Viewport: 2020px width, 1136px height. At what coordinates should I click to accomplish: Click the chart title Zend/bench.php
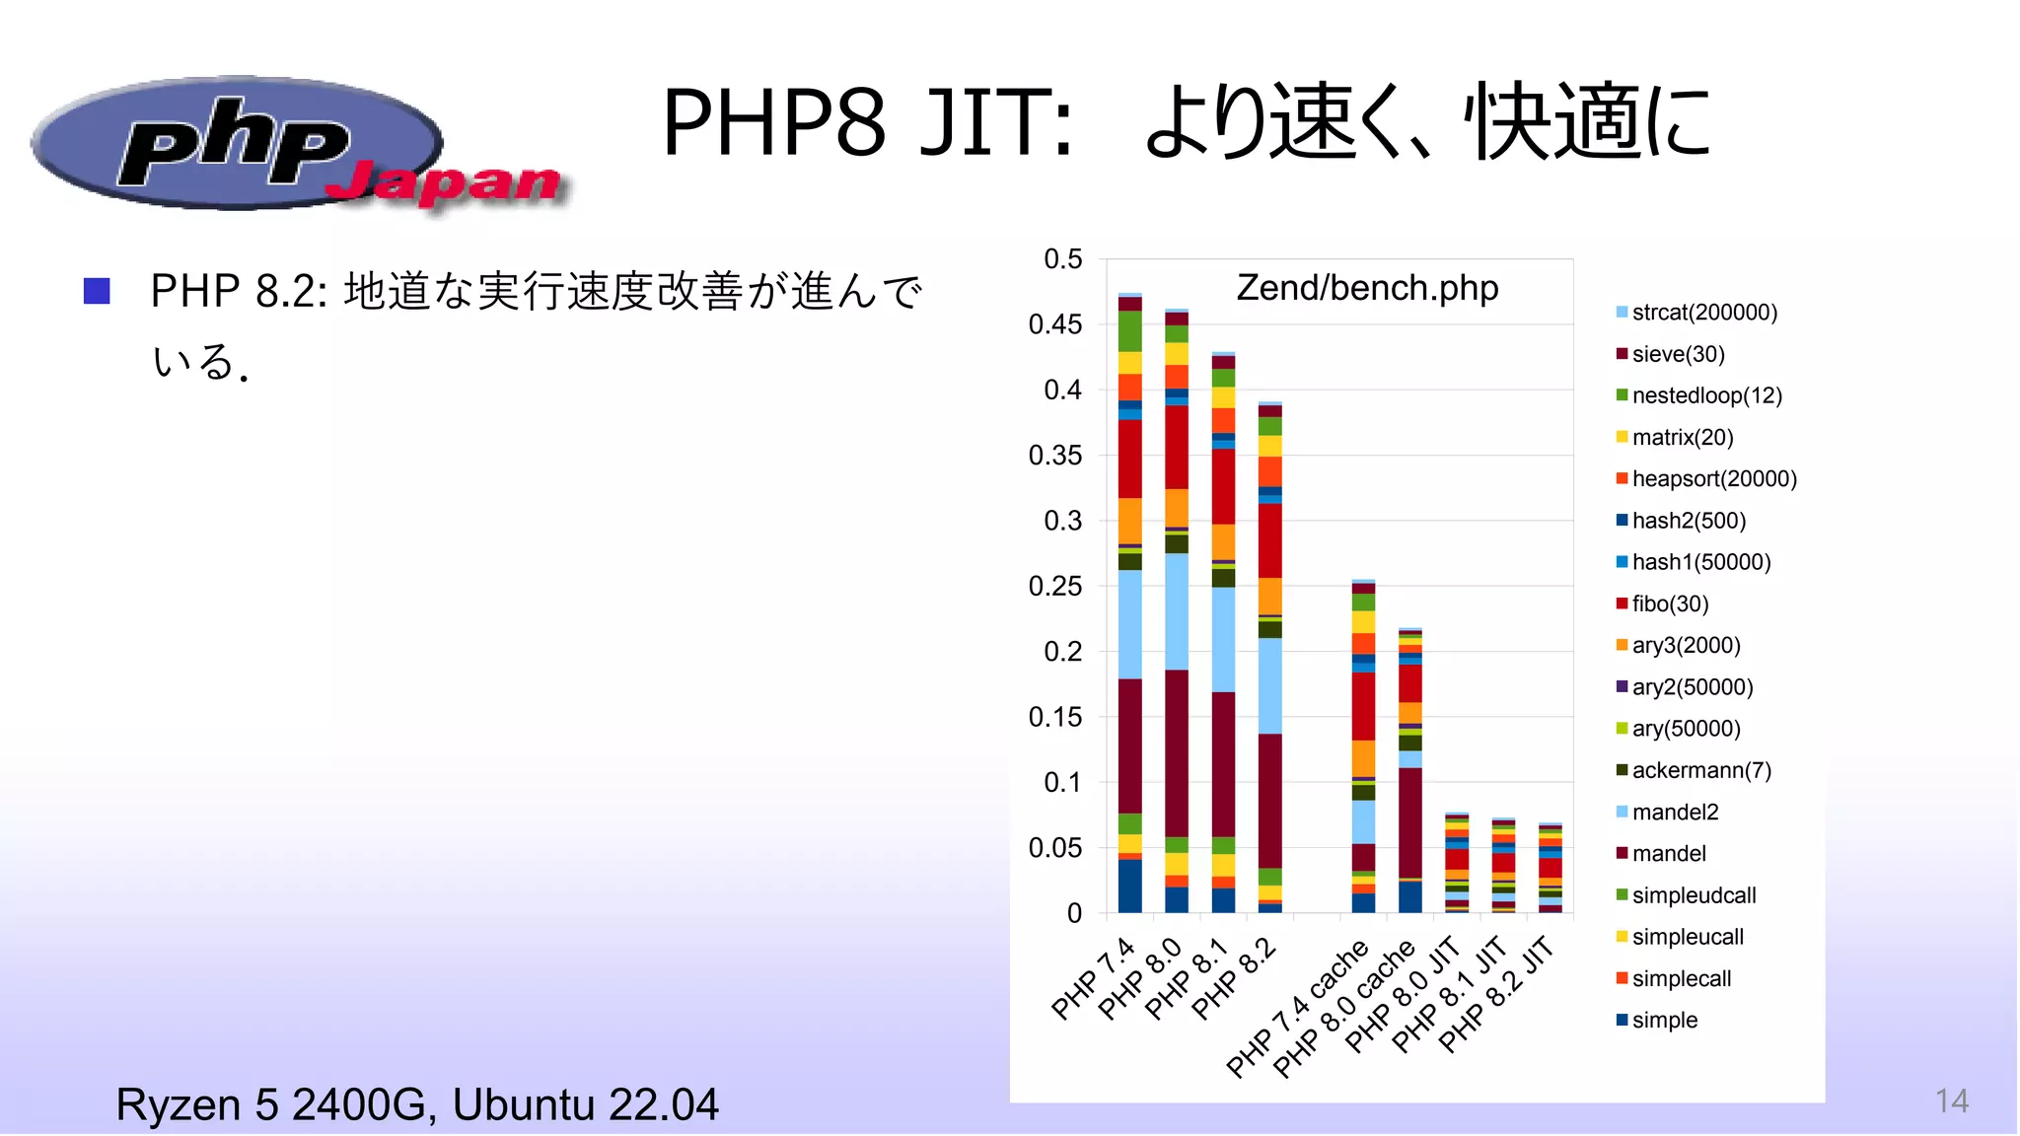click(x=1367, y=288)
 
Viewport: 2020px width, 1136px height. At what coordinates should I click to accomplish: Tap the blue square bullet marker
click(x=97, y=291)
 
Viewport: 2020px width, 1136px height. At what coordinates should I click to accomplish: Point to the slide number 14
click(x=1951, y=1100)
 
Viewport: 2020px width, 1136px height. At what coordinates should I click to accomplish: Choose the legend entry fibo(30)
click(x=1669, y=603)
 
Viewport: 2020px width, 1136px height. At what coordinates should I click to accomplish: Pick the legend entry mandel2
click(x=1674, y=812)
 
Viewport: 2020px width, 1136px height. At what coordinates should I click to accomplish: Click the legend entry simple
click(x=1664, y=1021)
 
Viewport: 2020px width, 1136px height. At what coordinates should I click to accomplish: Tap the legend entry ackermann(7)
click(x=1700, y=770)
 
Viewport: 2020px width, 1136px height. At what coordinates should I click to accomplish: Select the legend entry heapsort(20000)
click(x=1713, y=479)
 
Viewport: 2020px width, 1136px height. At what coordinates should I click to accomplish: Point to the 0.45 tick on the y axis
click(x=1055, y=324)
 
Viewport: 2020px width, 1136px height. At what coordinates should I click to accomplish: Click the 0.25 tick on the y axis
click(x=1055, y=586)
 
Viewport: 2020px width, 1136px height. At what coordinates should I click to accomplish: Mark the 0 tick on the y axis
click(x=1074, y=913)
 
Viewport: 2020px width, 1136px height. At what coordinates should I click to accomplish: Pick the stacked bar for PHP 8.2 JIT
click(x=1550, y=868)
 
